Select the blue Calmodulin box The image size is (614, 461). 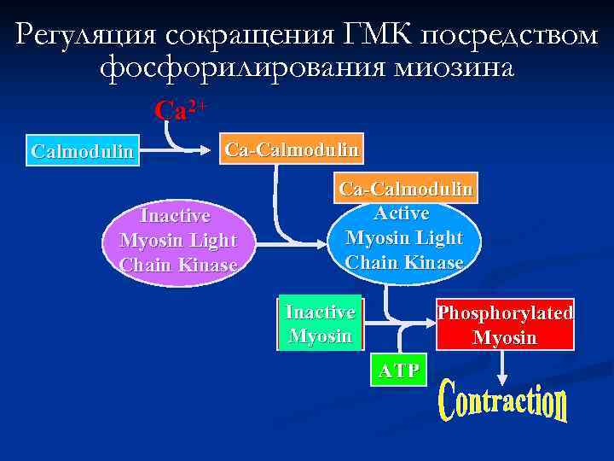(83, 152)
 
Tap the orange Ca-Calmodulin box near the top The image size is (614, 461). (291, 149)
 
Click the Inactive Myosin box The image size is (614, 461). (320, 324)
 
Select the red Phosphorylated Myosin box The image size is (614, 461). (505, 324)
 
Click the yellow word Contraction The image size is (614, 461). (503, 404)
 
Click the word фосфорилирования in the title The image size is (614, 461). (240, 67)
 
